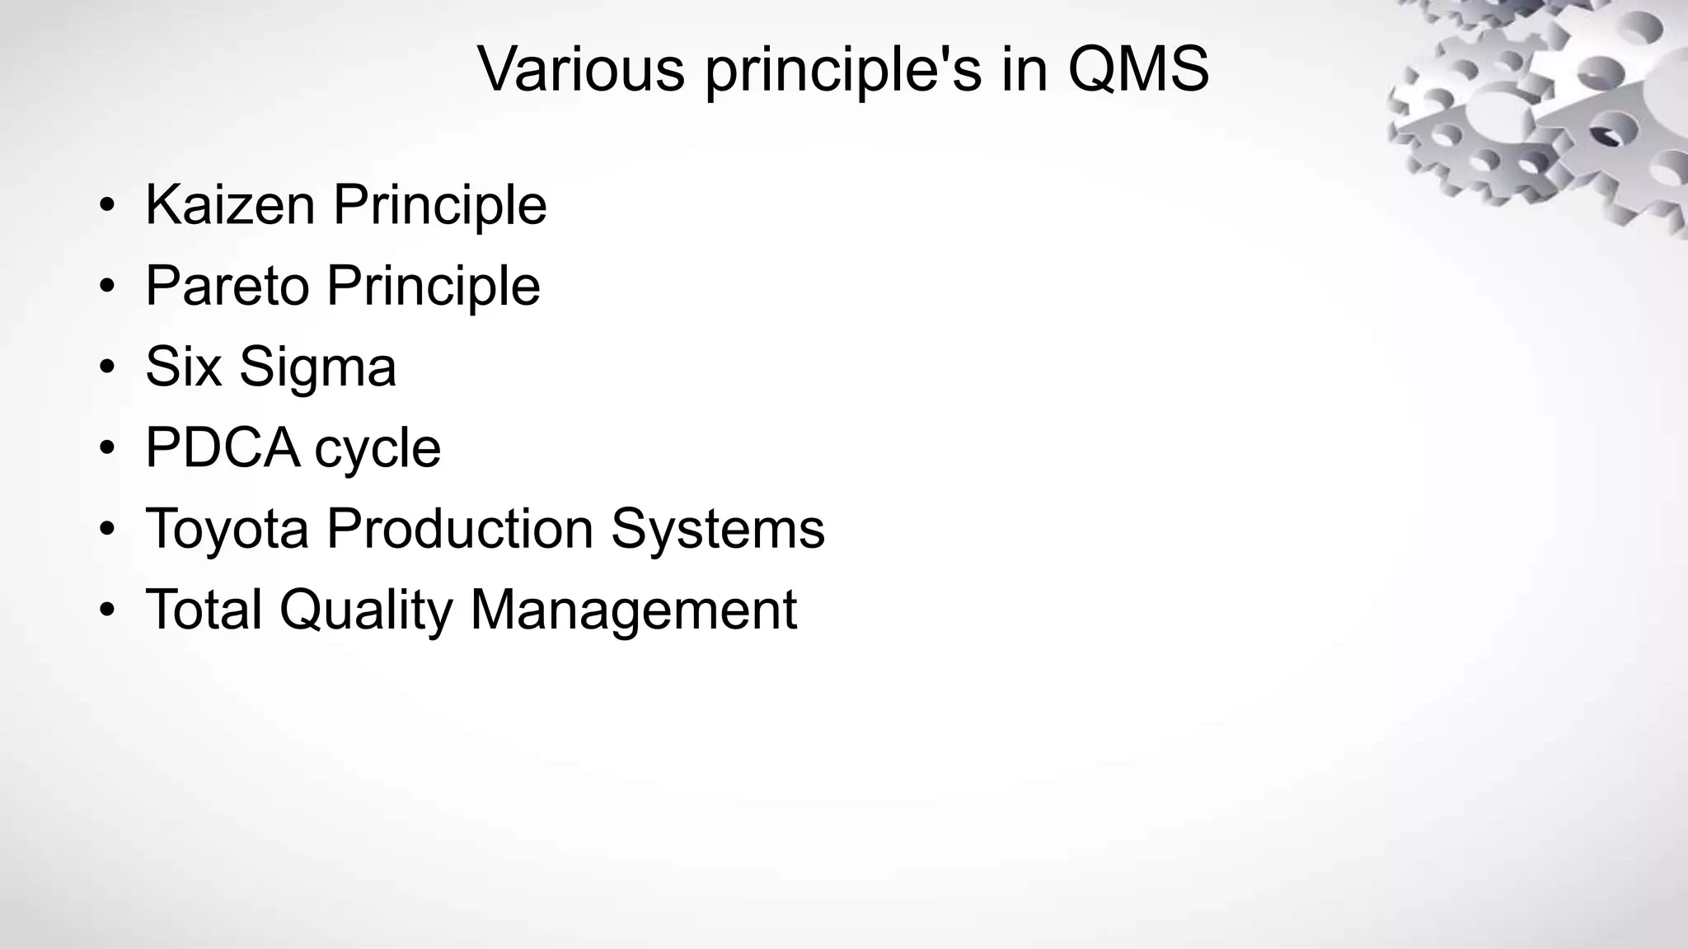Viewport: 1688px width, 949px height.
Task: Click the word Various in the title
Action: coord(581,69)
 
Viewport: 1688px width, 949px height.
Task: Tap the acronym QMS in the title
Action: coord(1138,69)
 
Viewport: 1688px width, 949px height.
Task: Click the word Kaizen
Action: coord(230,204)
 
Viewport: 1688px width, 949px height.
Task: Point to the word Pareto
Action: coord(227,286)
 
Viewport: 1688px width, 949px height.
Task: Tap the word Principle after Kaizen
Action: coord(440,206)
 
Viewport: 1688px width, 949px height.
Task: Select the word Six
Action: coord(184,367)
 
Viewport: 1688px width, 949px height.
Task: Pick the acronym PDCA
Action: coord(222,448)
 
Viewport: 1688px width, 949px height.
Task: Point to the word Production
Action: coord(460,528)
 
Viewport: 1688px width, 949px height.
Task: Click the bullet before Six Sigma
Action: coord(106,367)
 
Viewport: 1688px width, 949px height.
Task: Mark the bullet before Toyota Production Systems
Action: coord(106,529)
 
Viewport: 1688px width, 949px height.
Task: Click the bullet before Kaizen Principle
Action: coord(106,205)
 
